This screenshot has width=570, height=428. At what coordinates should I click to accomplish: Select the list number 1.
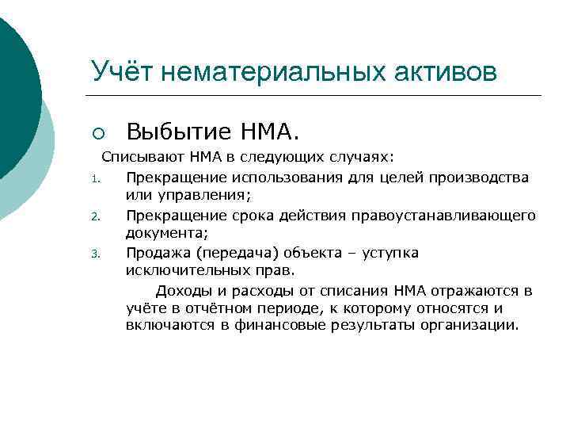tap(93, 177)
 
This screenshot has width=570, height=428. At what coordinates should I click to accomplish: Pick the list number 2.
tap(93, 216)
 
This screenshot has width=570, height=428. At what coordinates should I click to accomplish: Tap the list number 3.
tap(93, 254)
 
